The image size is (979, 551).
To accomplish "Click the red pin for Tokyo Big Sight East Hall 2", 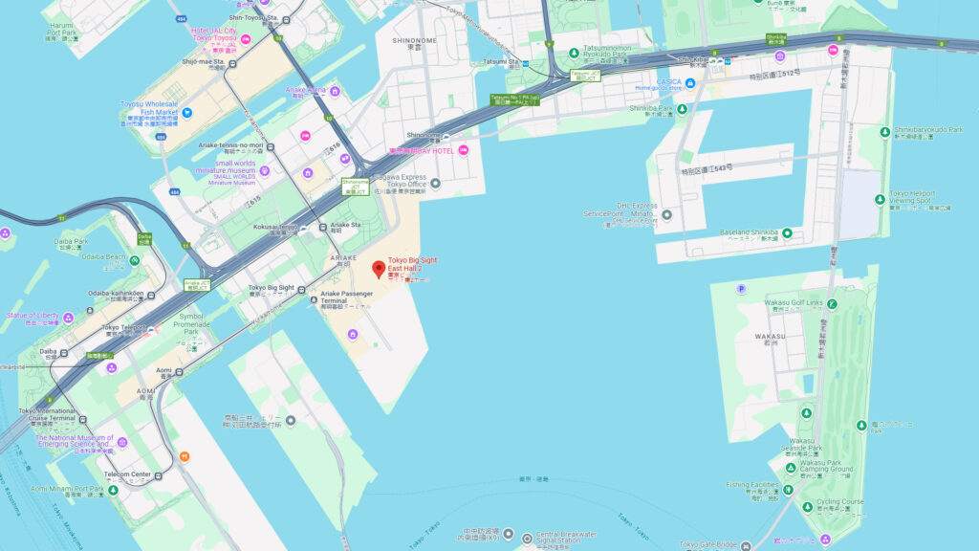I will click(379, 268).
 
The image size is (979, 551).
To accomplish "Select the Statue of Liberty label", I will click(33, 315).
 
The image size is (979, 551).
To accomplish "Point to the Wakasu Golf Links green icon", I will click(832, 304).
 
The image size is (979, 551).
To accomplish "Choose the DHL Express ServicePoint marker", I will click(666, 213).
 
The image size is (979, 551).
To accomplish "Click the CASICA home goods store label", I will click(668, 82).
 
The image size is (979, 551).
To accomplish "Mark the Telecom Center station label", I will click(127, 474).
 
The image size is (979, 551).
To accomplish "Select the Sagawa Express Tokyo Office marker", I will click(435, 183).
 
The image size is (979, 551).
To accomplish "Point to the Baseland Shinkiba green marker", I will click(787, 232).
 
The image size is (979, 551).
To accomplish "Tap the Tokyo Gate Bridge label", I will click(709, 545).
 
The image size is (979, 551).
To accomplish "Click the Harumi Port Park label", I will click(62, 29).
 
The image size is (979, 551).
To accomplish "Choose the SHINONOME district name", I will click(414, 40).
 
